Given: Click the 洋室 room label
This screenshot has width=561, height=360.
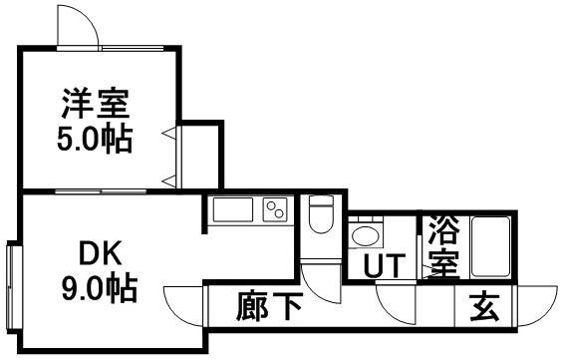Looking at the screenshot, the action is pyautogui.click(x=96, y=104).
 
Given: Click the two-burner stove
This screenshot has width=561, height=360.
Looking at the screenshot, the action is pyautogui.click(x=274, y=210).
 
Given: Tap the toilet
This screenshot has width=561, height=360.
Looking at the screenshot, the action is pyautogui.click(x=321, y=213).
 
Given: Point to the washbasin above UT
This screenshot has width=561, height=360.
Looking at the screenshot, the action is pyautogui.click(x=364, y=236).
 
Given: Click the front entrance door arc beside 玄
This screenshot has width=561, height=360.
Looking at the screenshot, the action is pyautogui.click(x=536, y=304).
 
